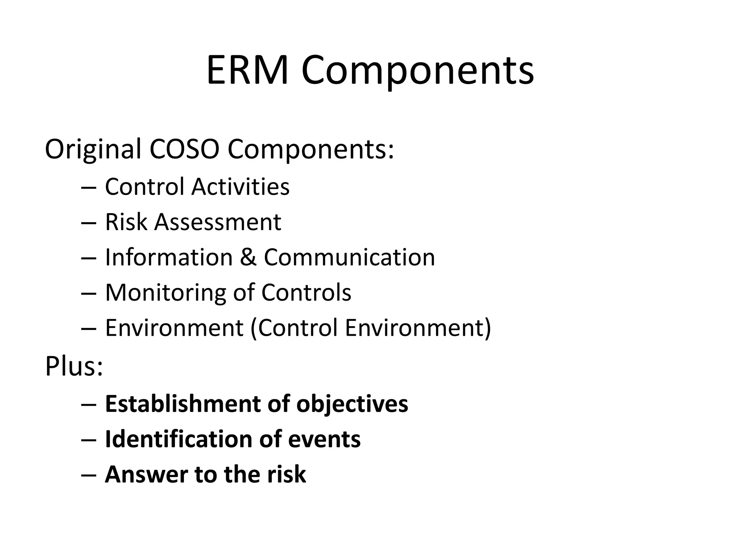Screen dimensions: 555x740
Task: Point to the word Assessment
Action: point(218,222)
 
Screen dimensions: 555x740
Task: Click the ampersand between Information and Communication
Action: point(248,257)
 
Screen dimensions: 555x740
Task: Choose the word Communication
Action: point(349,257)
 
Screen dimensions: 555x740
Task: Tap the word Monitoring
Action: point(165,292)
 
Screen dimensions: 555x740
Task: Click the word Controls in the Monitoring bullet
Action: point(306,292)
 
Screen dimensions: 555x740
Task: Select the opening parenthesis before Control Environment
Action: point(253,328)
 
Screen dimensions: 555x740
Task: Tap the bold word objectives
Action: point(352,404)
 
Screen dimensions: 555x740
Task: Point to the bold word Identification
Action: point(178,439)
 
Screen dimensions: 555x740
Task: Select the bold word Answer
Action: point(146,474)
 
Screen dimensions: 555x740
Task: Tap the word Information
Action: point(169,257)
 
